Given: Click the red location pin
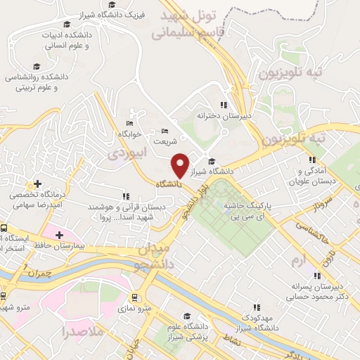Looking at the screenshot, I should pyautogui.click(x=181, y=165).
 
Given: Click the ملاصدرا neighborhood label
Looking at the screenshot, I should pyautogui.click(x=82, y=330).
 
